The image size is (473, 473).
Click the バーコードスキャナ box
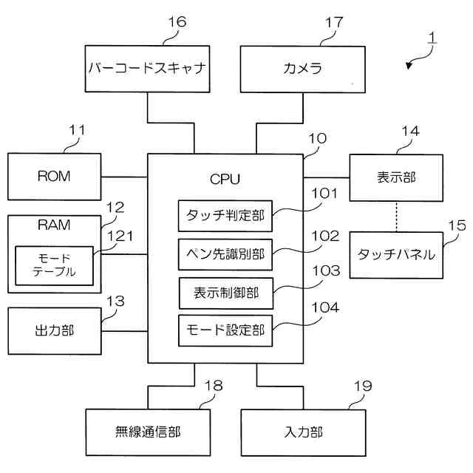pos(146,69)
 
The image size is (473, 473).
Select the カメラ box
pos(302,69)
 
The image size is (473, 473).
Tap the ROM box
pos(54,176)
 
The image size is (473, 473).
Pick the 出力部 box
pos(54,330)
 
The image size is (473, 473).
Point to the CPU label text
pos(225,178)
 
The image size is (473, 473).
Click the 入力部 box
pos(303,432)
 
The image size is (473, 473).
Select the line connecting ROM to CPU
pos(124,177)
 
